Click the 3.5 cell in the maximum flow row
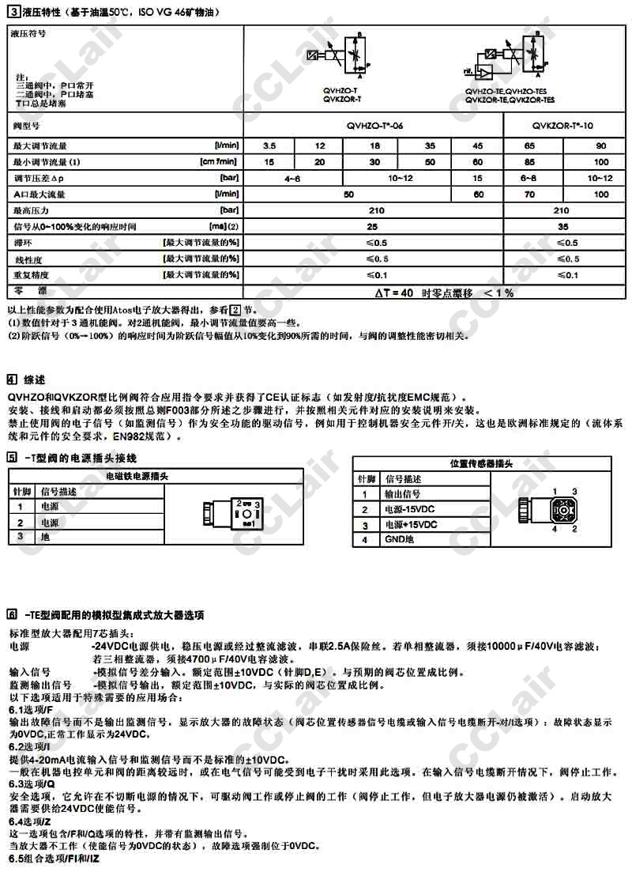coord(269,146)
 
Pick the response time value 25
coord(376,227)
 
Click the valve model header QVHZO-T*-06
coord(376,125)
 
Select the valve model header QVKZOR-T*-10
coord(562,125)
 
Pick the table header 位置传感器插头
coord(487,463)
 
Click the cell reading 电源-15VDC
coord(411,509)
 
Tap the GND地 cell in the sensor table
coord(400,539)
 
